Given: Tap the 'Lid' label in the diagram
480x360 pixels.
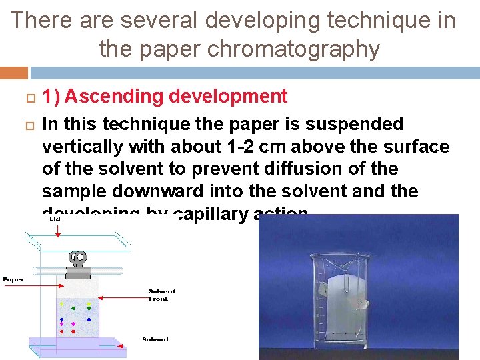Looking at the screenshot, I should click(x=55, y=219).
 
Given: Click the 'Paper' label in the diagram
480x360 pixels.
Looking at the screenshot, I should click(x=13, y=279).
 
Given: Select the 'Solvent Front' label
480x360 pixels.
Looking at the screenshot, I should click(x=161, y=295).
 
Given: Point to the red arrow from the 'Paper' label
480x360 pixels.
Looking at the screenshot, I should click(x=40, y=280).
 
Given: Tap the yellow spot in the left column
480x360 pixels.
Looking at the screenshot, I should click(x=62, y=305).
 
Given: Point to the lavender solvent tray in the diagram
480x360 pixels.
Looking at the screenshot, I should click(x=77, y=344).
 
